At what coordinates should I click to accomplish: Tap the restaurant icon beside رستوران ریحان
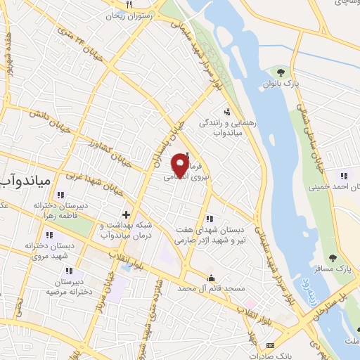click(129, 5)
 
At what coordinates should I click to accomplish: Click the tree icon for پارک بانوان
click(281, 72)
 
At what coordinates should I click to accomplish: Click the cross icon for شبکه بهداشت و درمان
click(127, 214)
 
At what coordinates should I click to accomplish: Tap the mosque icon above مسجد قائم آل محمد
click(210, 278)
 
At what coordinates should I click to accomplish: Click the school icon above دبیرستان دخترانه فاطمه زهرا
click(61, 195)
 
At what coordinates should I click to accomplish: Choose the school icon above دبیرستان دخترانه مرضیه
click(68, 270)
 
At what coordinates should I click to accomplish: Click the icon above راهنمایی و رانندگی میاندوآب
click(226, 111)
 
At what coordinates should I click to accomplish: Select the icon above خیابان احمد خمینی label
click(342, 176)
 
